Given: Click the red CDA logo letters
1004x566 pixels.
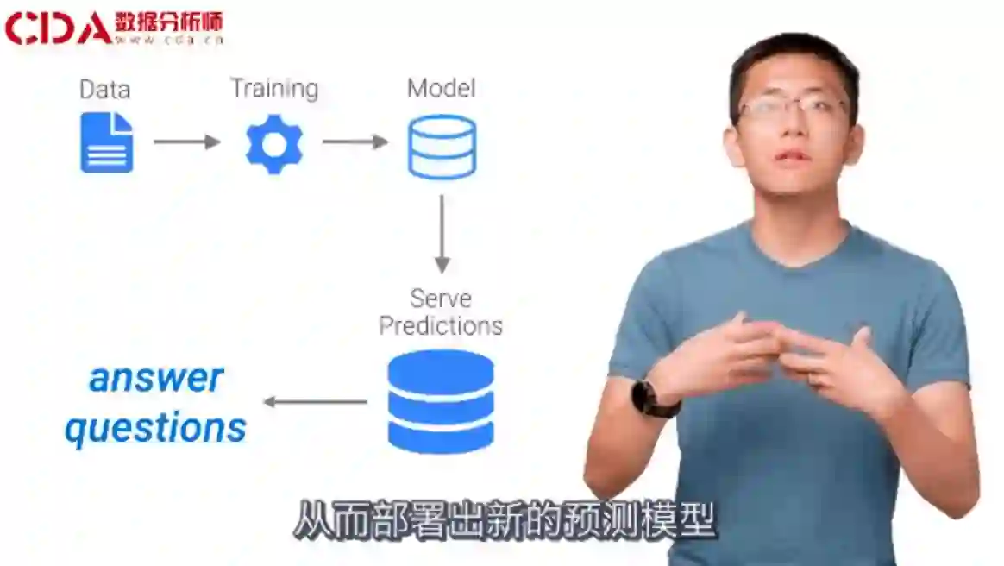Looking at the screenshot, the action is tap(57, 27).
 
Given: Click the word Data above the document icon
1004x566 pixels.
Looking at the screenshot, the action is tap(104, 90).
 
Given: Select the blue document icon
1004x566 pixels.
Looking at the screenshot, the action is tap(107, 142).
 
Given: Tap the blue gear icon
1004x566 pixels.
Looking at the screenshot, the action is tap(273, 143).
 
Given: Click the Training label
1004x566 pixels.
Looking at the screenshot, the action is tap(273, 89).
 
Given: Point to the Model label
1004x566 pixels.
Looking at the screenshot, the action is tap(441, 88).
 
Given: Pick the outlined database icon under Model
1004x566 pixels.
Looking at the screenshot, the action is tap(442, 147).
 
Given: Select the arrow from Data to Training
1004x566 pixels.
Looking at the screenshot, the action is tap(186, 141).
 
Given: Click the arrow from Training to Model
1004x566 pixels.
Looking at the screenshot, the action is tap(355, 141).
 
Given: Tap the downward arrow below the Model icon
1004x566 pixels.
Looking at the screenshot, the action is tap(442, 233).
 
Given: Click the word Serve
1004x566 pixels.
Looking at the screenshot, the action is tap(440, 299).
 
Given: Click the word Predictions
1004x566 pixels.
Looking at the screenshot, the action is tap(441, 326).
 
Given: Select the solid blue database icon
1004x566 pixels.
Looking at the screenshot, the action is tap(441, 401).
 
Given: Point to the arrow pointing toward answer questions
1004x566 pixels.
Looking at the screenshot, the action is tap(315, 401).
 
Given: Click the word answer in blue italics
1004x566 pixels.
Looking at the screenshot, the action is tap(156, 378).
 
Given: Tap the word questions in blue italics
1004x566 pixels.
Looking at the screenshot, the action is tap(156, 428).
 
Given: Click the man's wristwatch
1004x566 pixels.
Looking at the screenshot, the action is tap(645, 399).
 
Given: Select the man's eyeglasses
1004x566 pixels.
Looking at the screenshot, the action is tap(792, 108).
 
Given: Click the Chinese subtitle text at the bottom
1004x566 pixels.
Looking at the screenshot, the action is tap(505, 521).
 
